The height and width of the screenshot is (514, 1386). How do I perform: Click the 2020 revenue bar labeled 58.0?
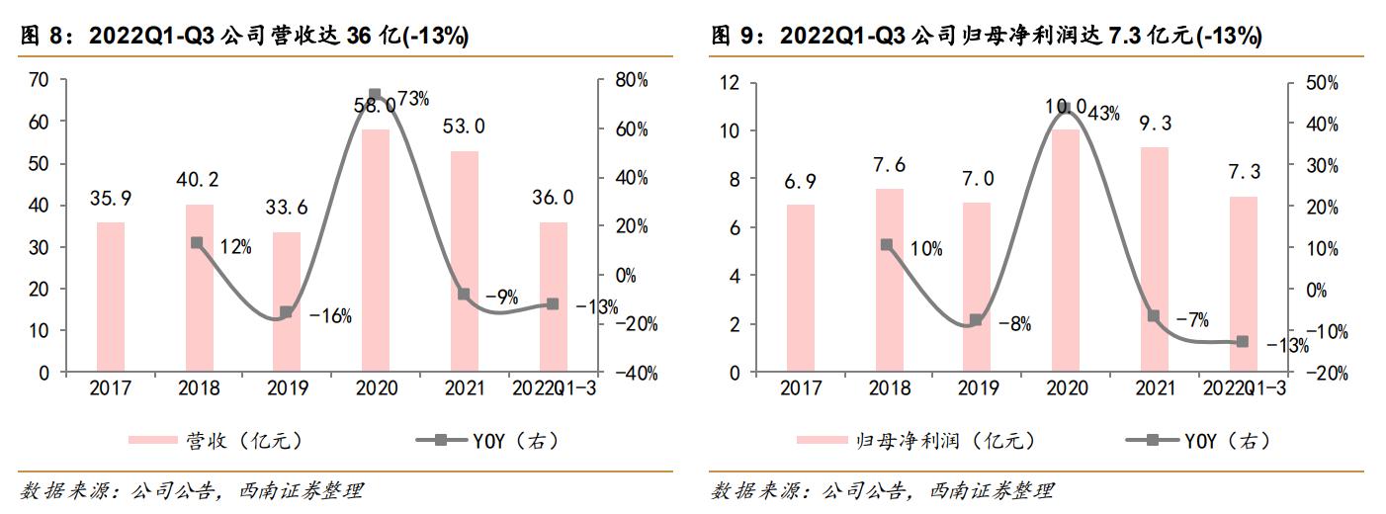point(375,251)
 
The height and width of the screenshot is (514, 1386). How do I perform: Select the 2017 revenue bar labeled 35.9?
point(110,298)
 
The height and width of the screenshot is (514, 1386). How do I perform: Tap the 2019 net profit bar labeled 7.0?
point(976,288)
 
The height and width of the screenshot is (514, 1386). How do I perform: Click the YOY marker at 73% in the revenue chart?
point(375,96)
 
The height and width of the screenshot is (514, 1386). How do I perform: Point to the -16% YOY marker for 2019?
point(286,312)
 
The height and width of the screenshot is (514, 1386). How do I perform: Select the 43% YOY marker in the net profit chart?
point(1065,109)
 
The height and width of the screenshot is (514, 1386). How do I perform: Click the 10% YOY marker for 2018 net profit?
point(887,244)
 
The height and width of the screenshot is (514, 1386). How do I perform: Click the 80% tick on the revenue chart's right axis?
point(634,80)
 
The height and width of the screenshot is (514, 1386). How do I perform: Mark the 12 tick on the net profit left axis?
point(731,83)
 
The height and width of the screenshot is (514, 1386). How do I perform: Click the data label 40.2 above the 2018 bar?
point(200,180)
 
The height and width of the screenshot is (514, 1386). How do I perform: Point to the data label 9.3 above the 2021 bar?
point(1153,124)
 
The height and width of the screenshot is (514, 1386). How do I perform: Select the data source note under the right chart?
point(883,490)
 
